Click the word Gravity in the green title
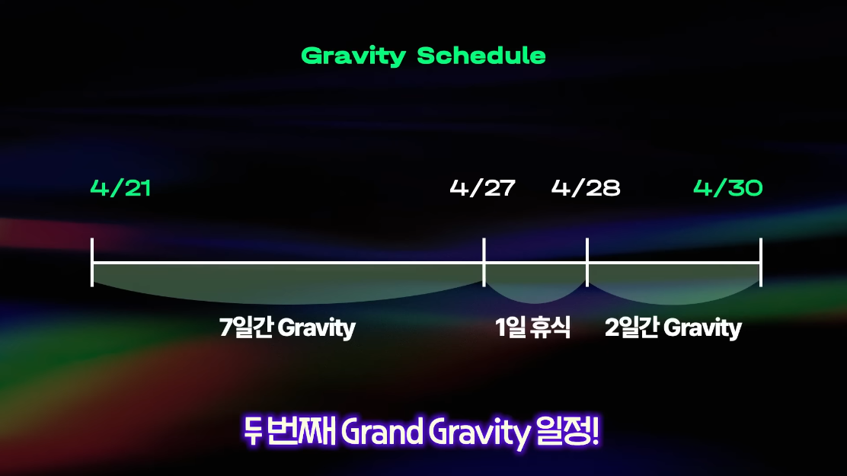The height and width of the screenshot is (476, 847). coord(353,56)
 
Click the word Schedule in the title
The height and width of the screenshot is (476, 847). coord(481,56)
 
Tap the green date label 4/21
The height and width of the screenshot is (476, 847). coord(120,188)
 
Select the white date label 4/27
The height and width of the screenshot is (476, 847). coord(482,188)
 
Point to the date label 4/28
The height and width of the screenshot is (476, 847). coord(586,188)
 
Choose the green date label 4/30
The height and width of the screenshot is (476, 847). coord(727,188)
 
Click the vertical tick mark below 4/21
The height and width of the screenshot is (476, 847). coord(92,262)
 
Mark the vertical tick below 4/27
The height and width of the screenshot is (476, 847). coord(484,262)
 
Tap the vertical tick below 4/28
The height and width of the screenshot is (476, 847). coord(587,262)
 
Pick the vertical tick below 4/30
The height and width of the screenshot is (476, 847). coord(761,262)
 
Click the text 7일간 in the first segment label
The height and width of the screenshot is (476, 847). coord(246,327)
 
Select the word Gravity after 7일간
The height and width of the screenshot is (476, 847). coord(317,328)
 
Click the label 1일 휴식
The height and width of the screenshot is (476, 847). coord(532,327)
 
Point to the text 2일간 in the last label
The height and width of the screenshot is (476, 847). coord(631,327)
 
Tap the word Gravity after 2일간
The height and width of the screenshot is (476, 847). coord(703,328)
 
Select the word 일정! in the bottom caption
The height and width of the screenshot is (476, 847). coord(567,431)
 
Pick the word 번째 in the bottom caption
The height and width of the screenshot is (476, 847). coord(302,431)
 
